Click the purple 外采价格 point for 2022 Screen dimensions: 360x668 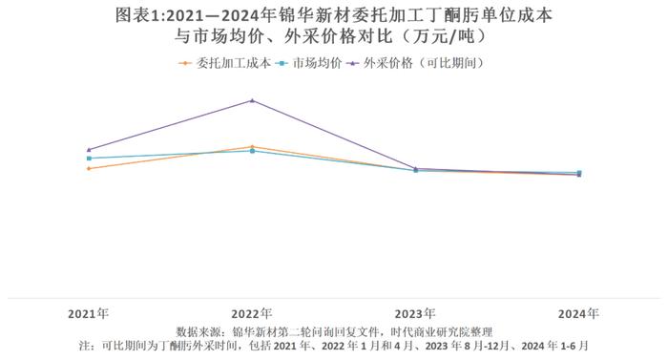[x=252, y=100]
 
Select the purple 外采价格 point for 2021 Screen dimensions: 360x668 [x=89, y=150]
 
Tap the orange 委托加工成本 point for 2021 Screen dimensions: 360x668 [x=89, y=168]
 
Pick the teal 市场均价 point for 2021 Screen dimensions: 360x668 [x=89, y=159]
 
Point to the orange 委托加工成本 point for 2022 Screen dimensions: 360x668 [x=252, y=147]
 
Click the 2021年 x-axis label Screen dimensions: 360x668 [x=89, y=313]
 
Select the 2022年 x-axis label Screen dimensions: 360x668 [x=252, y=313]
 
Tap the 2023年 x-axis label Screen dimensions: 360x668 [x=415, y=313]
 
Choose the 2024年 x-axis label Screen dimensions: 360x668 [x=579, y=313]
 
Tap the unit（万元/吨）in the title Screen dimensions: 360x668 [x=440, y=37]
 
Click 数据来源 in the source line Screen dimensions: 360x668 [x=198, y=330]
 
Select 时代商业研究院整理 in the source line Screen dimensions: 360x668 [x=449, y=330]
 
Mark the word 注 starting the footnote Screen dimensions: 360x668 [x=85, y=345]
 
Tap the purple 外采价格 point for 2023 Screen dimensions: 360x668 [x=415, y=169]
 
